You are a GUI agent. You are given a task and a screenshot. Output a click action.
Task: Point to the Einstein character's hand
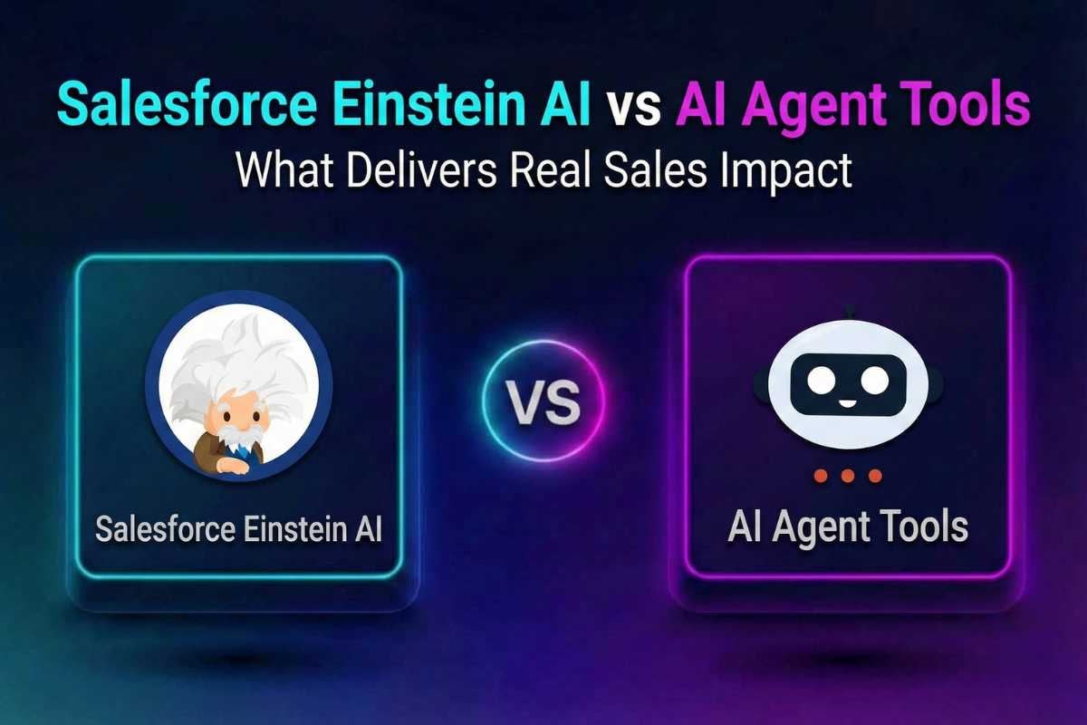click(x=230, y=466)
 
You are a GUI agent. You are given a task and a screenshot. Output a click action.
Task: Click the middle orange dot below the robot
click(x=848, y=476)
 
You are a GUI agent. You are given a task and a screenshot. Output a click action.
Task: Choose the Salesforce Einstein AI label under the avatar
click(x=238, y=530)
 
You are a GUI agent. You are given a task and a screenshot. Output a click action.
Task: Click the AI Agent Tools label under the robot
click(x=848, y=527)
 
